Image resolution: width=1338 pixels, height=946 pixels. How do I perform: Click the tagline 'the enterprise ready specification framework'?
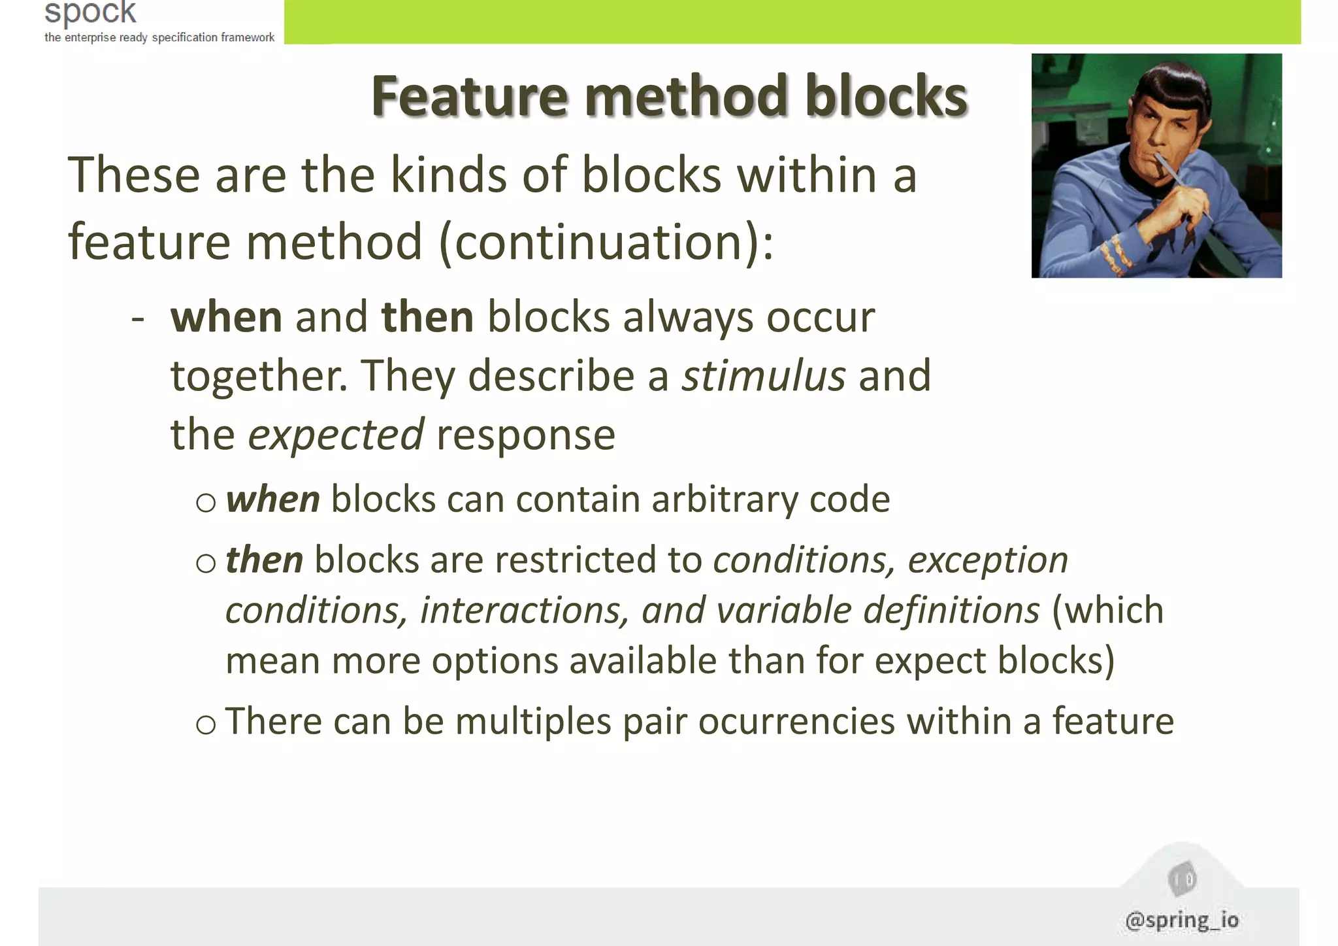[x=159, y=37]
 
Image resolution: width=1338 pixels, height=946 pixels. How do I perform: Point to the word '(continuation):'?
[x=606, y=242]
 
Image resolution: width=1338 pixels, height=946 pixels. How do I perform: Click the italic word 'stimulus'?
[x=763, y=376]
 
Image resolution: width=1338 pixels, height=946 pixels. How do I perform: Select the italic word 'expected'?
[x=336, y=435]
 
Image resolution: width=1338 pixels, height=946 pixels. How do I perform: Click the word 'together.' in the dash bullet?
[x=259, y=376]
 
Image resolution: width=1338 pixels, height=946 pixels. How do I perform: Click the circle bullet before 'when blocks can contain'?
[x=206, y=502]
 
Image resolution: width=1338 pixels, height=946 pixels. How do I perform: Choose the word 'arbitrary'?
[x=724, y=499]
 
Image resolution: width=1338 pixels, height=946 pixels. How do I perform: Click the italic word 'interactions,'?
[x=525, y=610]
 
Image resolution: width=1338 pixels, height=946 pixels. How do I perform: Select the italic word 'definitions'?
[x=951, y=610]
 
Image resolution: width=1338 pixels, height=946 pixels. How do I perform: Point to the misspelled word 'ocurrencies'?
[x=796, y=721]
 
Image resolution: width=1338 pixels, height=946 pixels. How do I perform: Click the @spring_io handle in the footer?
[x=1182, y=920]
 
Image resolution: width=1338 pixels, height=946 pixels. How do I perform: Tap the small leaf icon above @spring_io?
[x=1182, y=880]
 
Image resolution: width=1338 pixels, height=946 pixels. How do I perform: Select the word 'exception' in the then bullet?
[x=988, y=560]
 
